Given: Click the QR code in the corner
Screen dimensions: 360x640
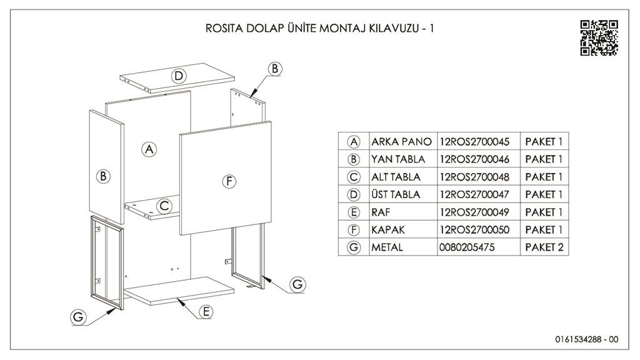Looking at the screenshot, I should (x=599, y=37).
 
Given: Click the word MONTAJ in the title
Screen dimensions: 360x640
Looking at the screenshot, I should (x=339, y=29).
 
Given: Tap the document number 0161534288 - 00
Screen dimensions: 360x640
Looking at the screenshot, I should (x=586, y=339).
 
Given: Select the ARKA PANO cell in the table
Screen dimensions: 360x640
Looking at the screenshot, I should (x=401, y=142).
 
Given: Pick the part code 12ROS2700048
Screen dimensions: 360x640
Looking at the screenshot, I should (x=474, y=177).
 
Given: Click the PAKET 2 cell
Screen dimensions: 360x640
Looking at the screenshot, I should (x=544, y=247).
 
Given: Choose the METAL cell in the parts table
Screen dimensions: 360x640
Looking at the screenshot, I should (x=387, y=247).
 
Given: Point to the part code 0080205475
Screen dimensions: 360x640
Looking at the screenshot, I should (x=467, y=247).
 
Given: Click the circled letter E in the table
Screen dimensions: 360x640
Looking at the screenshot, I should (x=354, y=212).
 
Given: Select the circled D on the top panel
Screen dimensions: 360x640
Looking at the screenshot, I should (x=179, y=76).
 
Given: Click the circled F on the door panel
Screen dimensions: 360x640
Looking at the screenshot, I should (x=229, y=181).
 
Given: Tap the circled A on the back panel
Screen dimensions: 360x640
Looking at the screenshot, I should (x=149, y=149).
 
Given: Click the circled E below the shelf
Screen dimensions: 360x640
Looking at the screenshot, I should (x=207, y=311).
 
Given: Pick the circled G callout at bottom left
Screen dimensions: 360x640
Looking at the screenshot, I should (x=78, y=317).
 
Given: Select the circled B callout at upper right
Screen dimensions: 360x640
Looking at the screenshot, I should (x=275, y=69).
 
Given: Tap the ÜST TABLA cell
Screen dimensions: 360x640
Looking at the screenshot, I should (x=396, y=194).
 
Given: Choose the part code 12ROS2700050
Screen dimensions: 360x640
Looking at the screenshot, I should (x=474, y=229).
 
